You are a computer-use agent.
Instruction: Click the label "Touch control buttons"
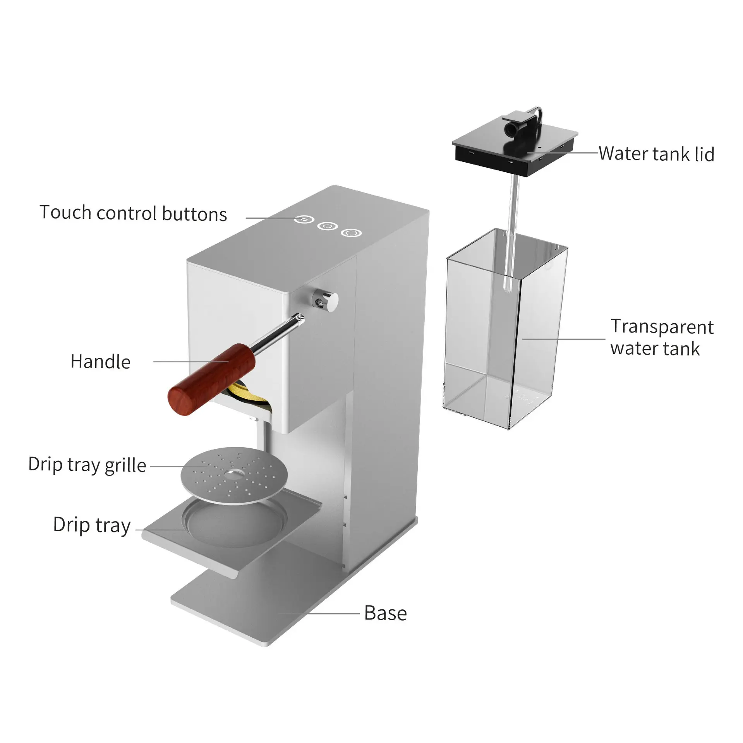pyautogui.click(x=133, y=213)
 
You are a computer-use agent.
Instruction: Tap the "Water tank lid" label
pyautogui.click(x=656, y=154)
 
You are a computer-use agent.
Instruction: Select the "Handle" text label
pyautogui.click(x=100, y=362)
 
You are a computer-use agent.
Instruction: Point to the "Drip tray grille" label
pyautogui.click(x=87, y=465)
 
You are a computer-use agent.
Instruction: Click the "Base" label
pyautogui.click(x=385, y=613)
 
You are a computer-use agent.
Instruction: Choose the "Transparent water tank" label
pyautogui.click(x=662, y=337)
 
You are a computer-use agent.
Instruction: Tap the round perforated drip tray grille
pyautogui.click(x=234, y=476)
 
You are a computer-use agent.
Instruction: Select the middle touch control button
pyautogui.click(x=328, y=226)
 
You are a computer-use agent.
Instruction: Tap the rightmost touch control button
pyautogui.click(x=352, y=233)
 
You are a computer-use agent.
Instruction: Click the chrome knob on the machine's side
pyautogui.click(x=326, y=300)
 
